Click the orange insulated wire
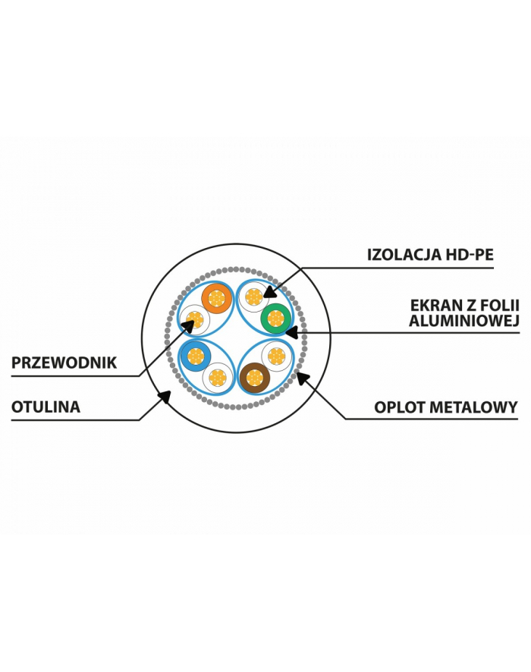coord(217,299)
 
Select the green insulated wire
coord(275,319)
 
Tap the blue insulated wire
coord(196,355)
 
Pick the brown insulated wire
coord(254,377)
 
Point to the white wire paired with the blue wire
coord(218,377)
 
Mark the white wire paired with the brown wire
coord(276,355)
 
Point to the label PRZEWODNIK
coord(64,363)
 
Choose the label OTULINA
coord(46,407)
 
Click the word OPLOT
coord(404,407)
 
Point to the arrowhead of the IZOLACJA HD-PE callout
coord(266,292)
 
